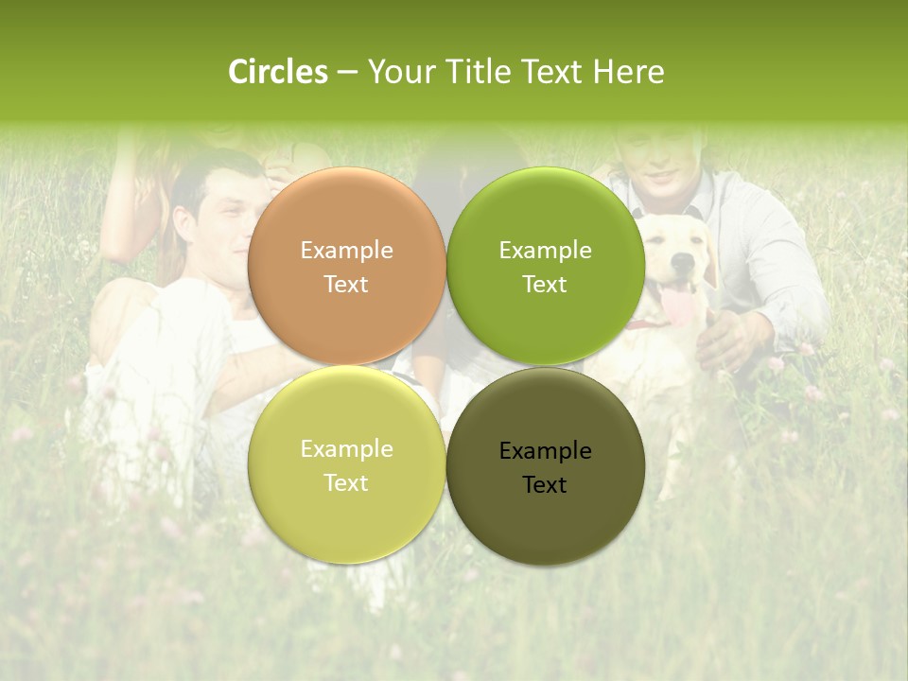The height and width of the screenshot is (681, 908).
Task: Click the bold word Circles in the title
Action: (278, 72)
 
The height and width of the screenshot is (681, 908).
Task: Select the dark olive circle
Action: (545, 465)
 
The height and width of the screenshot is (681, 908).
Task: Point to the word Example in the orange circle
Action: (346, 250)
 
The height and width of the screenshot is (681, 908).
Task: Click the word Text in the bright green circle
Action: (545, 284)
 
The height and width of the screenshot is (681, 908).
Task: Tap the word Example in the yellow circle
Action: (346, 448)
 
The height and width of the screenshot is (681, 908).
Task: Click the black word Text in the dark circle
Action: (545, 484)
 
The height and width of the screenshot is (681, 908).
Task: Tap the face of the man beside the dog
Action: (662, 161)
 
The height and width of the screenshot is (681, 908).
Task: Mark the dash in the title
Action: (347, 72)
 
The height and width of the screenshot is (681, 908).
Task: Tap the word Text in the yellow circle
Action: (346, 482)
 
